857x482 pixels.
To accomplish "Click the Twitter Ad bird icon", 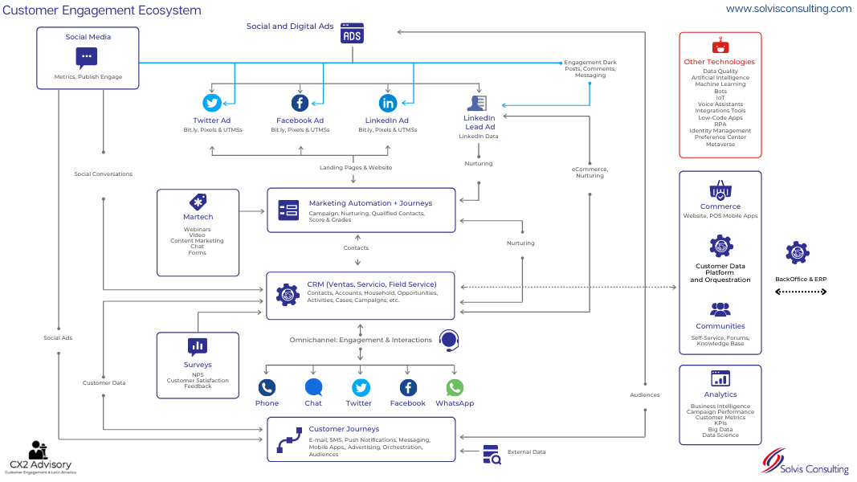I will [x=212, y=103].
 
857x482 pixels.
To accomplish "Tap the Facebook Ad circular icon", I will [x=300, y=103].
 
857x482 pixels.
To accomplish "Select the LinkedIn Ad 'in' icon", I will [x=388, y=103].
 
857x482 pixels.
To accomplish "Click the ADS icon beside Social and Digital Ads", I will [x=351, y=33].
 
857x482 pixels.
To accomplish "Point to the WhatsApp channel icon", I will [x=455, y=387].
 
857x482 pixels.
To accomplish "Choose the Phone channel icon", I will [x=267, y=387].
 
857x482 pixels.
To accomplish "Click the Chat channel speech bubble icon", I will [x=313, y=387].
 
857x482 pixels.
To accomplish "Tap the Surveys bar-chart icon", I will [x=198, y=346].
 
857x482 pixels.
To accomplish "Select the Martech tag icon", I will [x=198, y=202].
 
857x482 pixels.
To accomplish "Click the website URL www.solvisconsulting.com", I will [x=788, y=9].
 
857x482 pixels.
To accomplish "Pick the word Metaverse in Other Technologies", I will [x=720, y=145].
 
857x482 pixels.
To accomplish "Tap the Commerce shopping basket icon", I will [x=720, y=190].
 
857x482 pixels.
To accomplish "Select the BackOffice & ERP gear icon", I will [x=797, y=253].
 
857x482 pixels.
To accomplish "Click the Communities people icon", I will [x=720, y=309].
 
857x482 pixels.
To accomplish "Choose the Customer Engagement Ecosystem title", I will [x=102, y=10].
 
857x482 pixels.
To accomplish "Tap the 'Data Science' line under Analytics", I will [x=720, y=435].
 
